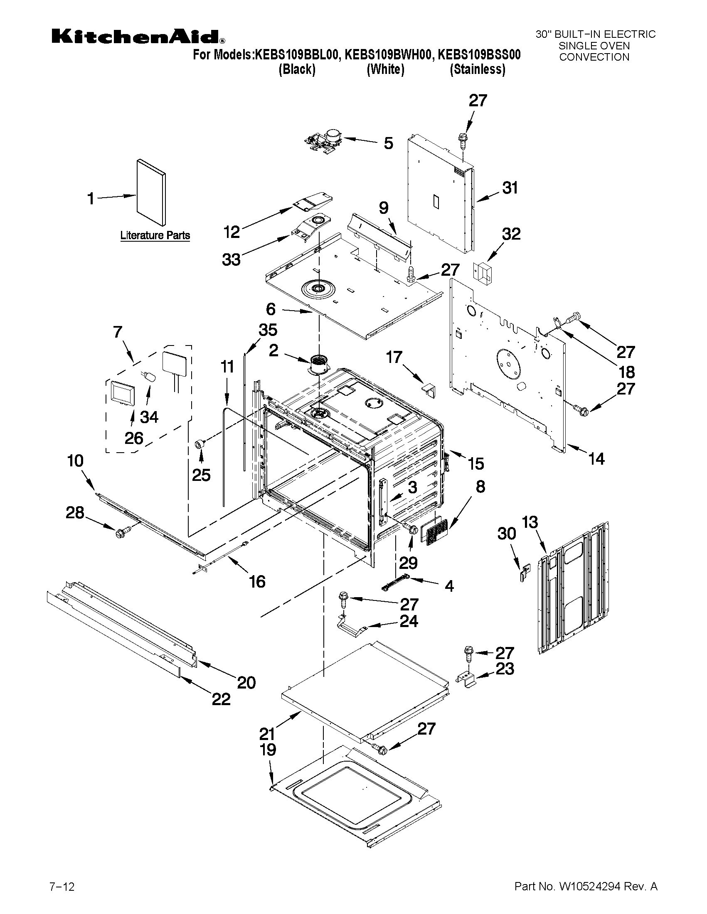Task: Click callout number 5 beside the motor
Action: [x=388, y=144]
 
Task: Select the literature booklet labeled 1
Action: [x=151, y=193]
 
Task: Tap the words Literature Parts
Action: [x=155, y=235]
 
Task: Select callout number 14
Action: [x=596, y=459]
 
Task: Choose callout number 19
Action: [x=268, y=749]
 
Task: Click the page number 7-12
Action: [x=62, y=885]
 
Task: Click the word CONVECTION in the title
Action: [x=594, y=57]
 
